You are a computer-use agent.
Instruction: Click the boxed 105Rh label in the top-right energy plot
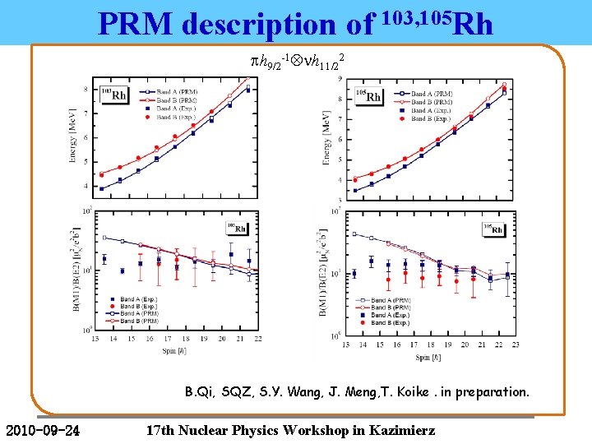pos(369,96)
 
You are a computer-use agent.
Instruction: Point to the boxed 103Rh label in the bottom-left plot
pos(237,229)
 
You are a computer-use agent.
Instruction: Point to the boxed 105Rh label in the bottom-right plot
pos(491,229)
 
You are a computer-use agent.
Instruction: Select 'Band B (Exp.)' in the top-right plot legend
pos(430,118)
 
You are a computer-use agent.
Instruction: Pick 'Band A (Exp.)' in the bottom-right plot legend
pos(390,315)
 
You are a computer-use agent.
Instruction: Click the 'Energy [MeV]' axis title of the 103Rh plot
pos(75,140)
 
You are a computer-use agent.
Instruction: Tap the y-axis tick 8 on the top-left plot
pos(88,89)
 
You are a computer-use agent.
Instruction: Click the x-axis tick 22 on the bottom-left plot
pos(260,339)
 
